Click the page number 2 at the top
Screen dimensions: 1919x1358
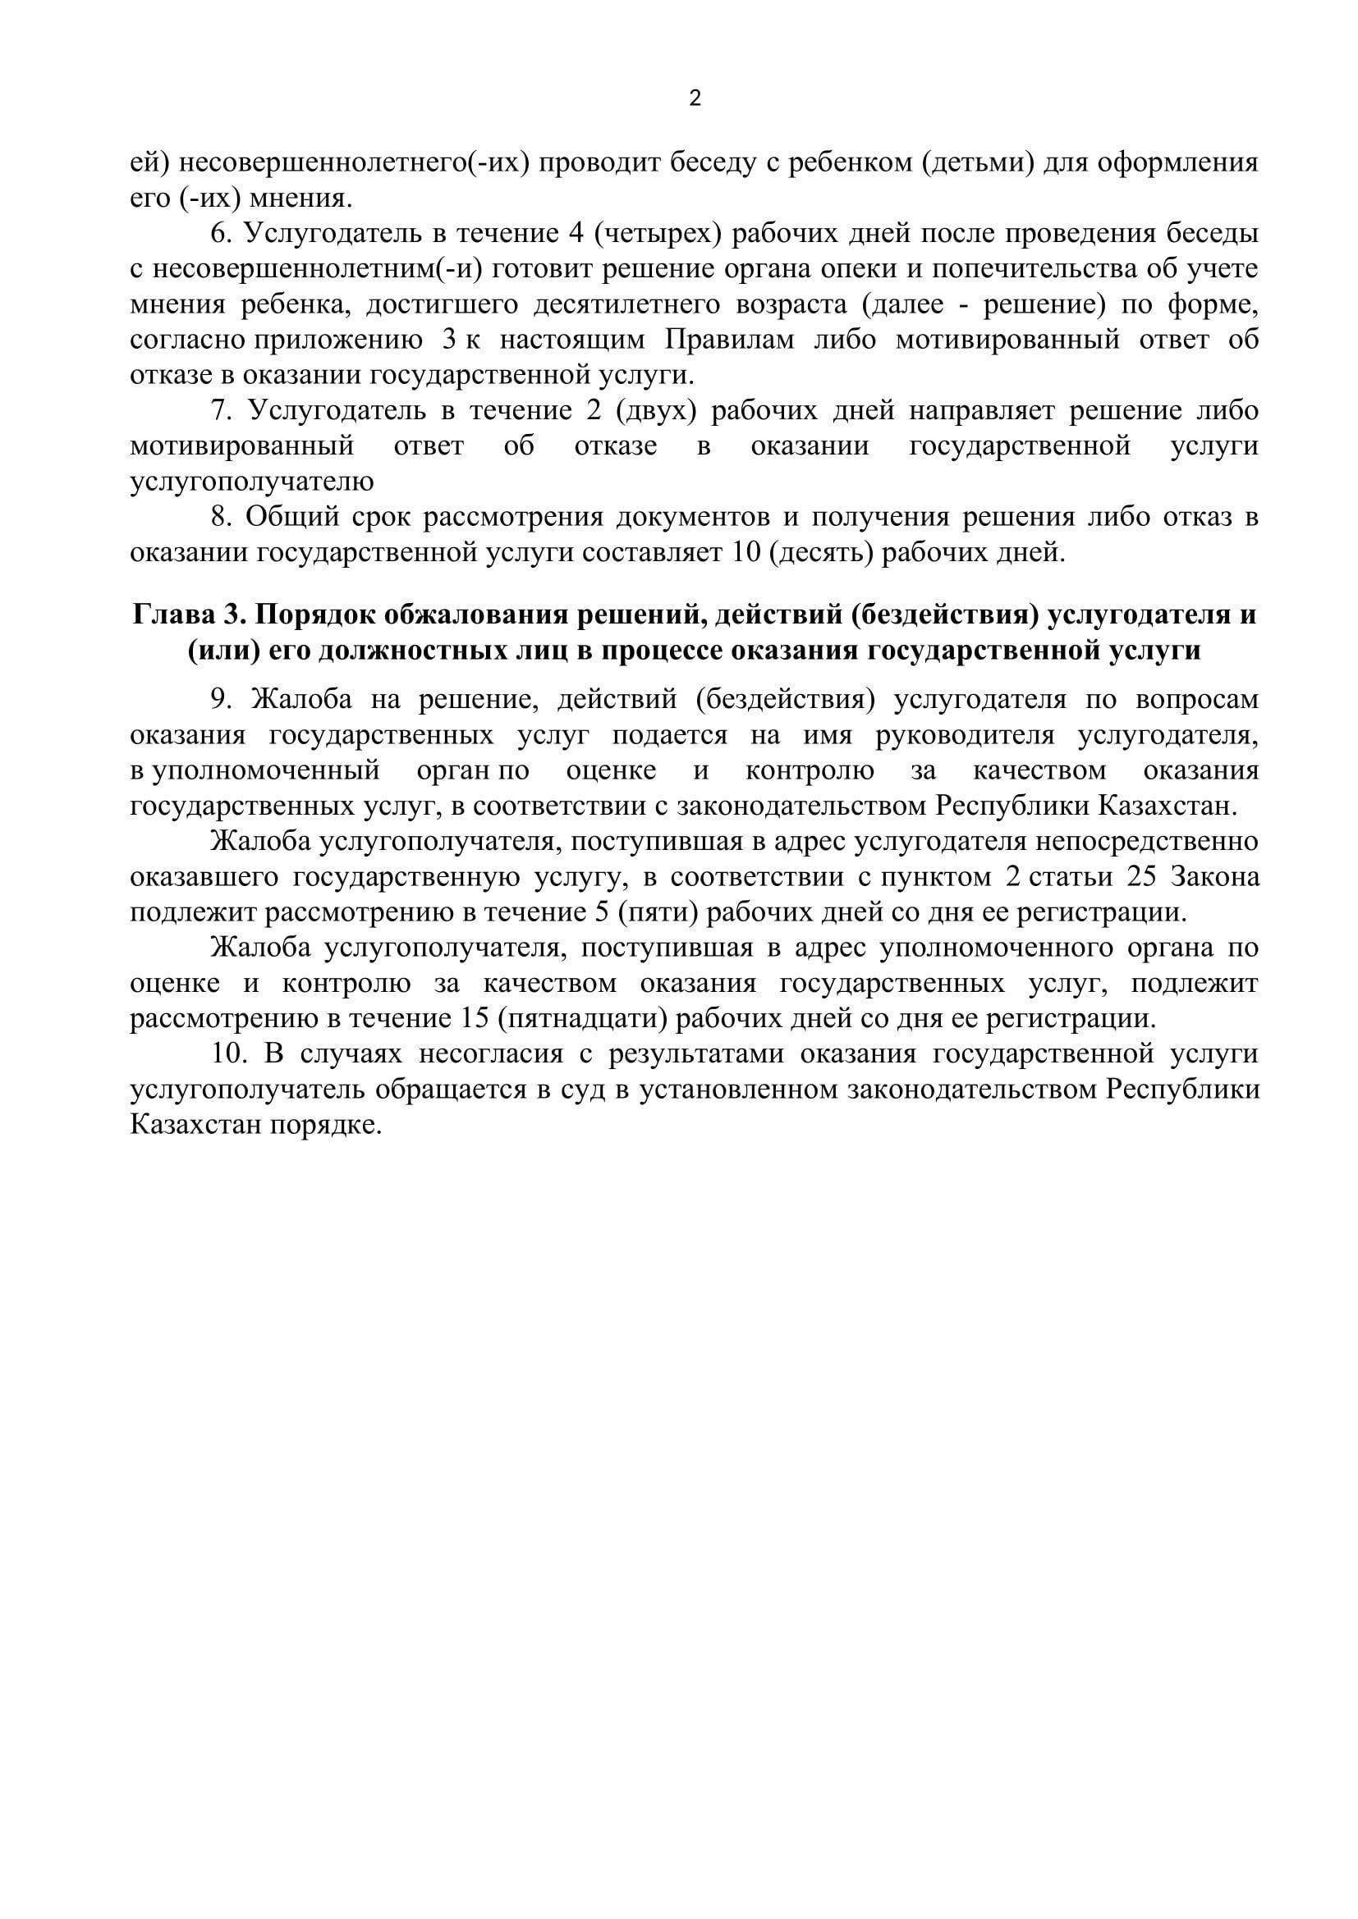pos(695,99)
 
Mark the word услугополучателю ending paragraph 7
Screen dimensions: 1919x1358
pos(252,482)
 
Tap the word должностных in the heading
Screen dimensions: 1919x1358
pos(401,651)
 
